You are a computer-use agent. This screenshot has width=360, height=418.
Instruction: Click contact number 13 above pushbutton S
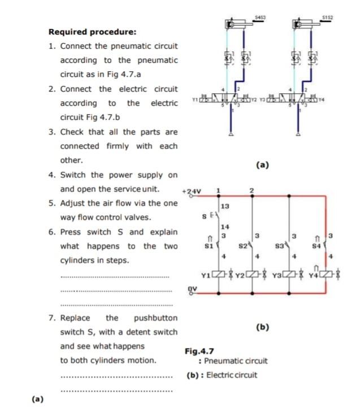[x=225, y=207]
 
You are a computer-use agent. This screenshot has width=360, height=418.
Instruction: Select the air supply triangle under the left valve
[x=231, y=134]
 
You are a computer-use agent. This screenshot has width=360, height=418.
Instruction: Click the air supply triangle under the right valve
[x=298, y=134]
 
